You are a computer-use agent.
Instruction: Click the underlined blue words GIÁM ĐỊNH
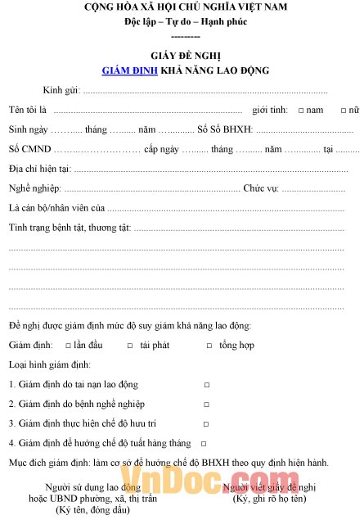click(129, 71)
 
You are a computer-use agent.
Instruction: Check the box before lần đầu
click(68, 346)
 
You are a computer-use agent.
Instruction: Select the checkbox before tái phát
click(130, 346)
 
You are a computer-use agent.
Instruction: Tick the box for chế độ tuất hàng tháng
click(204, 443)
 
